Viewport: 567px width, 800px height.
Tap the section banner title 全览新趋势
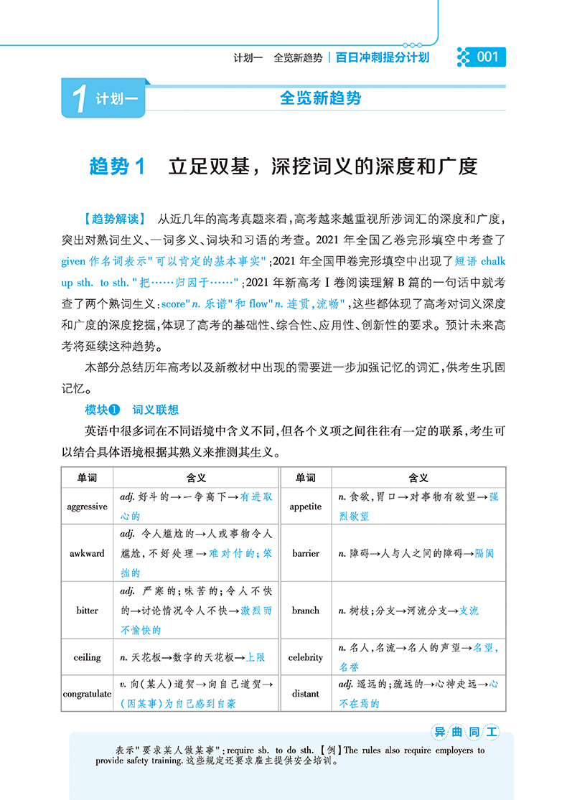click(x=320, y=99)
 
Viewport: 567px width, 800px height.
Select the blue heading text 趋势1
click(x=118, y=166)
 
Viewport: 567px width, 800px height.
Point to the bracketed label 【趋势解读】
click(x=114, y=218)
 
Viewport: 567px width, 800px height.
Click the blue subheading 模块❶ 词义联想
click(x=131, y=410)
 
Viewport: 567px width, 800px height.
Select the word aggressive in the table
click(x=87, y=507)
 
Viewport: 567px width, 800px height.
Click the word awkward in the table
click(x=87, y=553)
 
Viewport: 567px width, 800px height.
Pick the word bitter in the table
click(x=87, y=611)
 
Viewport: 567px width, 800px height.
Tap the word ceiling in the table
click(x=87, y=657)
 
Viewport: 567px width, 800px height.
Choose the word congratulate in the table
click(x=87, y=694)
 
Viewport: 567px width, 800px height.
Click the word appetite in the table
click(x=306, y=507)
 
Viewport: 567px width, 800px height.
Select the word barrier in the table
click(x=306, y=553)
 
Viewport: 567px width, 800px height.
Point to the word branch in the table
click(x=306, y=611)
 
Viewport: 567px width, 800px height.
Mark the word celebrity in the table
click(x=306, y=657)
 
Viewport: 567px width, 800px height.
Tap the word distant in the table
click(x=306, y=694)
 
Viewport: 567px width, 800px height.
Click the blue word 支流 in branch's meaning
click(x=468, y=611)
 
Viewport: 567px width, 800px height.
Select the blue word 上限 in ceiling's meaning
click(x=256, y=657)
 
